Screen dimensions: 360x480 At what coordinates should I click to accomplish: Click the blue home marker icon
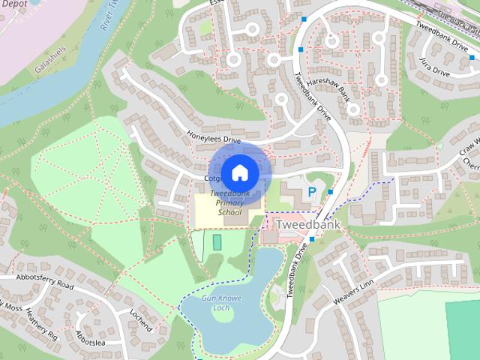click(239, 172)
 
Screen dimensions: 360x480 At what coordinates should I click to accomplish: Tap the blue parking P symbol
click(311, 193)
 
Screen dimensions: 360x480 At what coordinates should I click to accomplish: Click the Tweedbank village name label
click(307, 224)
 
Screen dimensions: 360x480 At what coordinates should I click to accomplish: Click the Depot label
click(16, 4)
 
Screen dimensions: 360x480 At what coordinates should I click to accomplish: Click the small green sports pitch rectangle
click(217, 242)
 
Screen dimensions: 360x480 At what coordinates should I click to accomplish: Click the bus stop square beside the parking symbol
click(330, 192)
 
